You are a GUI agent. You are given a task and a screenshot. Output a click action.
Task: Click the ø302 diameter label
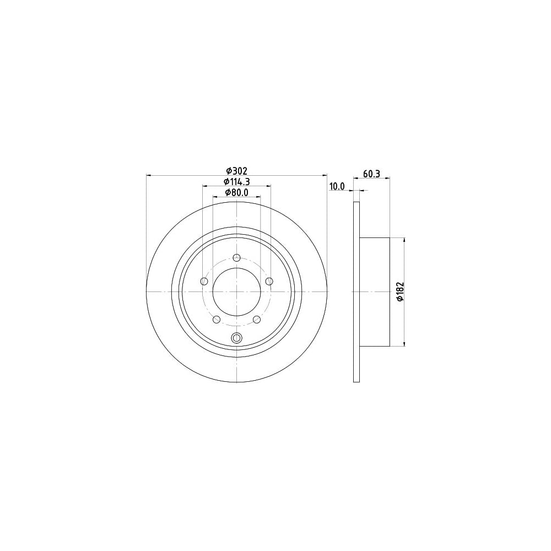click(x=237, y=171)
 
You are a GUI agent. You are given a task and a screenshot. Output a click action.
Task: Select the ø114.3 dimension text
click(x=237, y=182)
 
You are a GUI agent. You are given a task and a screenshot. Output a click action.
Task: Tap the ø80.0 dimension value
click(x=237, y=192)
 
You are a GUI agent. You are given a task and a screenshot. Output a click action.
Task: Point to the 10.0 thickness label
click(x=337, y=187)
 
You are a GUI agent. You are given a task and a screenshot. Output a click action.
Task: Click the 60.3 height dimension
click(x=372, y=174)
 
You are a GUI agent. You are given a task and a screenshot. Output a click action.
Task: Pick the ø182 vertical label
click(x=400, y=291)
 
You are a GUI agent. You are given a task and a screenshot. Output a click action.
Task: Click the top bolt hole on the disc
click(x=237, y=258)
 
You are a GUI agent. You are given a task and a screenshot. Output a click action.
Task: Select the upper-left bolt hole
click(x=204, y=281)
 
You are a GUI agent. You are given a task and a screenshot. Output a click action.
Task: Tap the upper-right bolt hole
click(x=269, y=281)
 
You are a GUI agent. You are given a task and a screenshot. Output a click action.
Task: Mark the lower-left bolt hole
click(x=217, y=320)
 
